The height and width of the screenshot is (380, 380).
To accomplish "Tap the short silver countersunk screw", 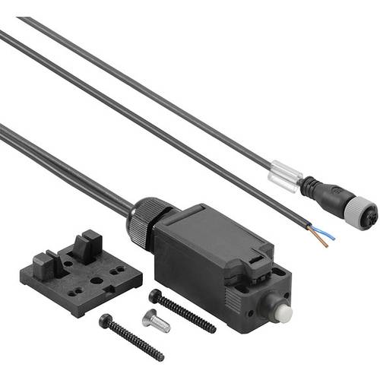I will coord(156,322).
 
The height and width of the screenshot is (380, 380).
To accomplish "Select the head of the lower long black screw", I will coord(105,321).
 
